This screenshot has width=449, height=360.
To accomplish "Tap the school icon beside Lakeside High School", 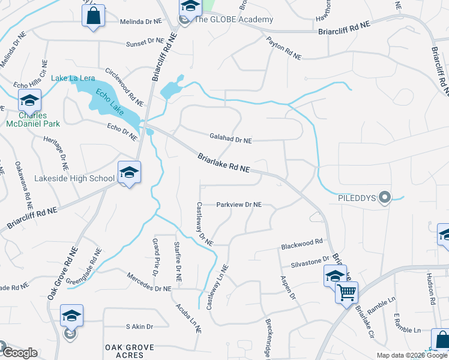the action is [x=129, y=172].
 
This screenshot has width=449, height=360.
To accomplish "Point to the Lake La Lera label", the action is [x=73, y=78].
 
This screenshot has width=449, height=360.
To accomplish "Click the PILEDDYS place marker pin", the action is [x=385, y=196].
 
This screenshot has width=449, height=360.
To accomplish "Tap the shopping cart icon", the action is [x=346, y=293].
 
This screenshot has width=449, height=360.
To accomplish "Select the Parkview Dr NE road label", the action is [x=239, y=205].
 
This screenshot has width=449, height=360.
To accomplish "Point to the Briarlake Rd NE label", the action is [x=223, y=163].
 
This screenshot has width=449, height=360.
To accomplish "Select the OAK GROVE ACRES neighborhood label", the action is [x=130, y=351].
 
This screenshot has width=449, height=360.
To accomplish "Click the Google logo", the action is [x=19, y=353].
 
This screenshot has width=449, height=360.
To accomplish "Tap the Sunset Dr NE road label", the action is [x=145, y=42].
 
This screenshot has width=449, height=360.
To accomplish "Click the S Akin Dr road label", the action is [x=139, y=326].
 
